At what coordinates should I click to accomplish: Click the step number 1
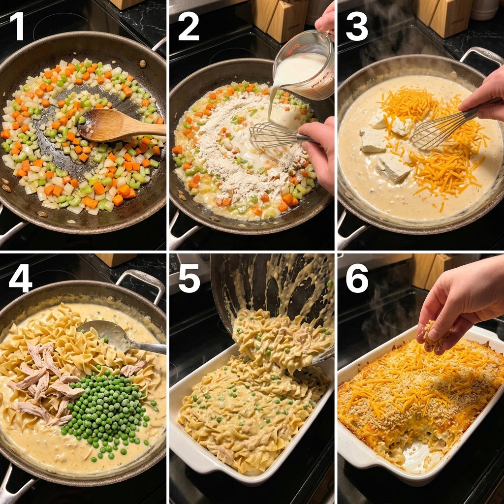(19, 26)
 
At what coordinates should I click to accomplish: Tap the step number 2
(189, 26)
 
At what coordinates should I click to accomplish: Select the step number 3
(357, 26)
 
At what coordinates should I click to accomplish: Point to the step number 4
(20, 278)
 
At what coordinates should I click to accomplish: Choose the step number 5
(189, 278)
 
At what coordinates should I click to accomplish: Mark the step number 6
(357, 278)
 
